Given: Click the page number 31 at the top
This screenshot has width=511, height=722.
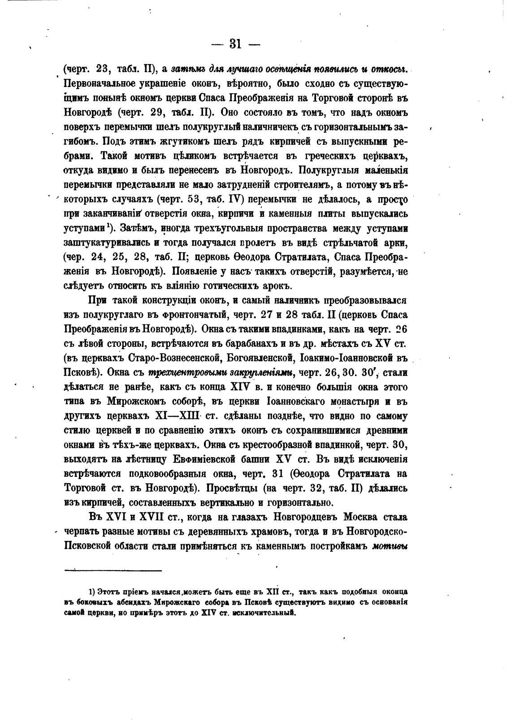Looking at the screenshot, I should [x=235, y=43].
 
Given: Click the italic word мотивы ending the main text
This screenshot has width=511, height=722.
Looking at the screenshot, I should [x=390, y=546].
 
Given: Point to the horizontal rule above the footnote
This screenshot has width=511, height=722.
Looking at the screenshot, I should [x=113, y=571].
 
